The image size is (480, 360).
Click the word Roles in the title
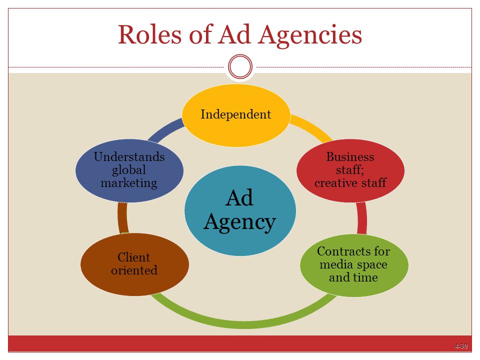(x=152, y=35)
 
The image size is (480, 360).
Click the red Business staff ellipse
(x=350, y=170)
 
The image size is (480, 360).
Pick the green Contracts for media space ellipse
(x=353, y=264)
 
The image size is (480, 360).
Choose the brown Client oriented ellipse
(x=134, y=264)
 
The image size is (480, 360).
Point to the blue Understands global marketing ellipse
(x=129, y=170)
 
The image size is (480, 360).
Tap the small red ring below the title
(x=240, y=66)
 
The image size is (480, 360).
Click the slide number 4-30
(x=461, y=346)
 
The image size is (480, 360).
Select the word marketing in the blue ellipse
(x=129, y=182)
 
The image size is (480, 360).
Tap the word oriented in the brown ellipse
(x=134, y=270)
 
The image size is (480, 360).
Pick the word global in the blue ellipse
(x=129, y=170)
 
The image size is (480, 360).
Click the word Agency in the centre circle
(x=239, y=221)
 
